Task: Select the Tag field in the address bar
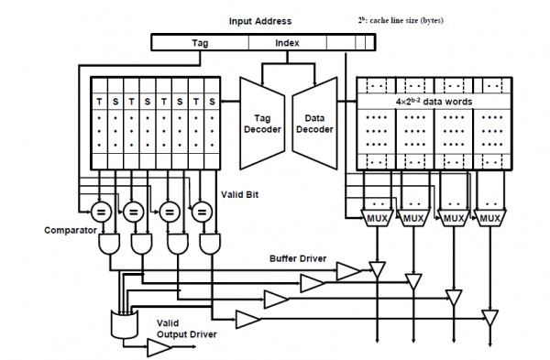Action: [x=199, y=42]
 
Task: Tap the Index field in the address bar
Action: [x=287, y=42]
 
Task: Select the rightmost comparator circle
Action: [x=199, y=210]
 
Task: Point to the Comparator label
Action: [x=70, y=230]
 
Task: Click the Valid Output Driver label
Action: [x=186, y=329]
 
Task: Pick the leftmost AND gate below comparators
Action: [x=111, y=244]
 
